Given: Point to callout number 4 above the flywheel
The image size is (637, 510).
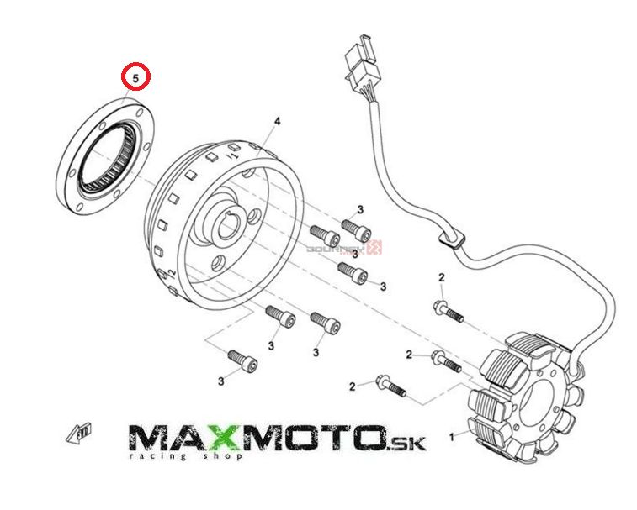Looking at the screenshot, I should [x=275, y=123].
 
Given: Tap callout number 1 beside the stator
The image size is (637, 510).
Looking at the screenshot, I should [x=452, y=436].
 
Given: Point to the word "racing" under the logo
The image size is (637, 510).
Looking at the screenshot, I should [x=155, y=456].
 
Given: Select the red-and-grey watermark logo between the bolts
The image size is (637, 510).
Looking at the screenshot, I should [x=345, y=248].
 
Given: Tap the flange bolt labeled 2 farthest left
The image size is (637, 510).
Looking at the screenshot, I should [x=390, y=386].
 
